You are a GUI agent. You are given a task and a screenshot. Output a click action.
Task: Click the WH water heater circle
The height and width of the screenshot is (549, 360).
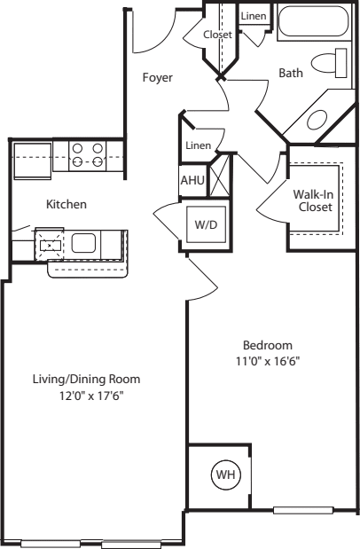tap(226, 474)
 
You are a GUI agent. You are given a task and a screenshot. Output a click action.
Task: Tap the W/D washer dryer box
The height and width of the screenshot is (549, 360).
tap(206, 224)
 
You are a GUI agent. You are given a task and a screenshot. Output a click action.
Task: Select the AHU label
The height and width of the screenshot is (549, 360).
tap(192, 180)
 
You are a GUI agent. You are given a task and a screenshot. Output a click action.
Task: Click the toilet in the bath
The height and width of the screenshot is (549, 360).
tap(329, 63)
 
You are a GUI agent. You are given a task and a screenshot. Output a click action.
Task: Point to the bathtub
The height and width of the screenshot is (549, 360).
tap(314, 21)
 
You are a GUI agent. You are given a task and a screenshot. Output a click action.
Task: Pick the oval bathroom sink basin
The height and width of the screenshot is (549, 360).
tap(317, 120)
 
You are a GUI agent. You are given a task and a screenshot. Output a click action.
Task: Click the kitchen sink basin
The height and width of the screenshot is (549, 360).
tap(83, 243)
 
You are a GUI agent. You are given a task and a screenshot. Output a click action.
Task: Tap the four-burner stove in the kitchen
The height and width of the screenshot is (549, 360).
tap(88, 155)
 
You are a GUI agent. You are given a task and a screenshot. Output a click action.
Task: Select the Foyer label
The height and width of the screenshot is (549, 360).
tap(158, 77)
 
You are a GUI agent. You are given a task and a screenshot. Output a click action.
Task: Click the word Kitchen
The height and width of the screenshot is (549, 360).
tap(67, 204)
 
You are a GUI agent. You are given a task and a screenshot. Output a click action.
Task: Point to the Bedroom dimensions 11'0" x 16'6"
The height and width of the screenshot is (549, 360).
tap(268, 361)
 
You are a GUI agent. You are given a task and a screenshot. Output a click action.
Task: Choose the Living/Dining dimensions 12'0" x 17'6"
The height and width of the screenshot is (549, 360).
tap(91, 396)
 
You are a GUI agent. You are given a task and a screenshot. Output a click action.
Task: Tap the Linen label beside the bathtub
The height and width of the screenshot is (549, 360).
tap(254, 16)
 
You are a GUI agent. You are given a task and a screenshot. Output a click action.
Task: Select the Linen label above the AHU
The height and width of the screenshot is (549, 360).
tap(199, 145)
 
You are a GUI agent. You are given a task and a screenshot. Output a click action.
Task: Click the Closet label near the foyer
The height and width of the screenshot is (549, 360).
tap(217, 35)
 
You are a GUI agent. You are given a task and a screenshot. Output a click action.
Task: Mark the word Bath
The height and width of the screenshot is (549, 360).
tap(291, 73)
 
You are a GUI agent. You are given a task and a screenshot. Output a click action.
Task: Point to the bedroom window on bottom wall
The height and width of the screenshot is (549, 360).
tap(303, 510)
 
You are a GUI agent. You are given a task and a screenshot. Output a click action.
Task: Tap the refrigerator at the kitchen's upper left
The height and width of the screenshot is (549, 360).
tap(32, 161)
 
